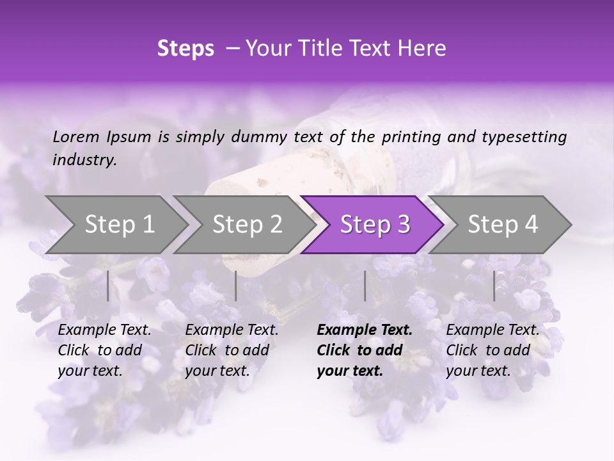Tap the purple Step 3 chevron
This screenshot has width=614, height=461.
pyautogui.click(x=374, y=225)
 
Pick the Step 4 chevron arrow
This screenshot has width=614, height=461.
pyautogui.click(x=502, y=225)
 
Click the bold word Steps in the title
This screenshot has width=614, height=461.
pyautogui.click(x=185, y=49)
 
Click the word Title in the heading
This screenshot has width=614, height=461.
pyautogui.click(x=318, y=49)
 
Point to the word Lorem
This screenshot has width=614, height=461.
pyautogui.click(x=76, y=136)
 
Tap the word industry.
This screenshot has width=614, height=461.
pyautogui.click(x=84, y=160)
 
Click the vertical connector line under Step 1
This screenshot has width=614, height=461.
pyautogui.click(x=108, y=286)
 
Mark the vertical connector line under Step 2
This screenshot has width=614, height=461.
pyautogui.click(x=236, y=286)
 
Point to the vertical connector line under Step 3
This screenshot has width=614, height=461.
pyautogui.click(x=365, y=286)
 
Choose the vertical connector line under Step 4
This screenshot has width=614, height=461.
pyautogui.click(x=494, y=286)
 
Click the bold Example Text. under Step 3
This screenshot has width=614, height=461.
pyautogui.click(x=365, y=330)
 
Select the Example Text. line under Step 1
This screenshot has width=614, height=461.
pyautogui.click(x=104, y=330)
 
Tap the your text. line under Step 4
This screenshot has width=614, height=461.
pyautogui.click(x=478, y=371)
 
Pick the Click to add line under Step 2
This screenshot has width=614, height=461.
pyautogui.click(x=227, y=350)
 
